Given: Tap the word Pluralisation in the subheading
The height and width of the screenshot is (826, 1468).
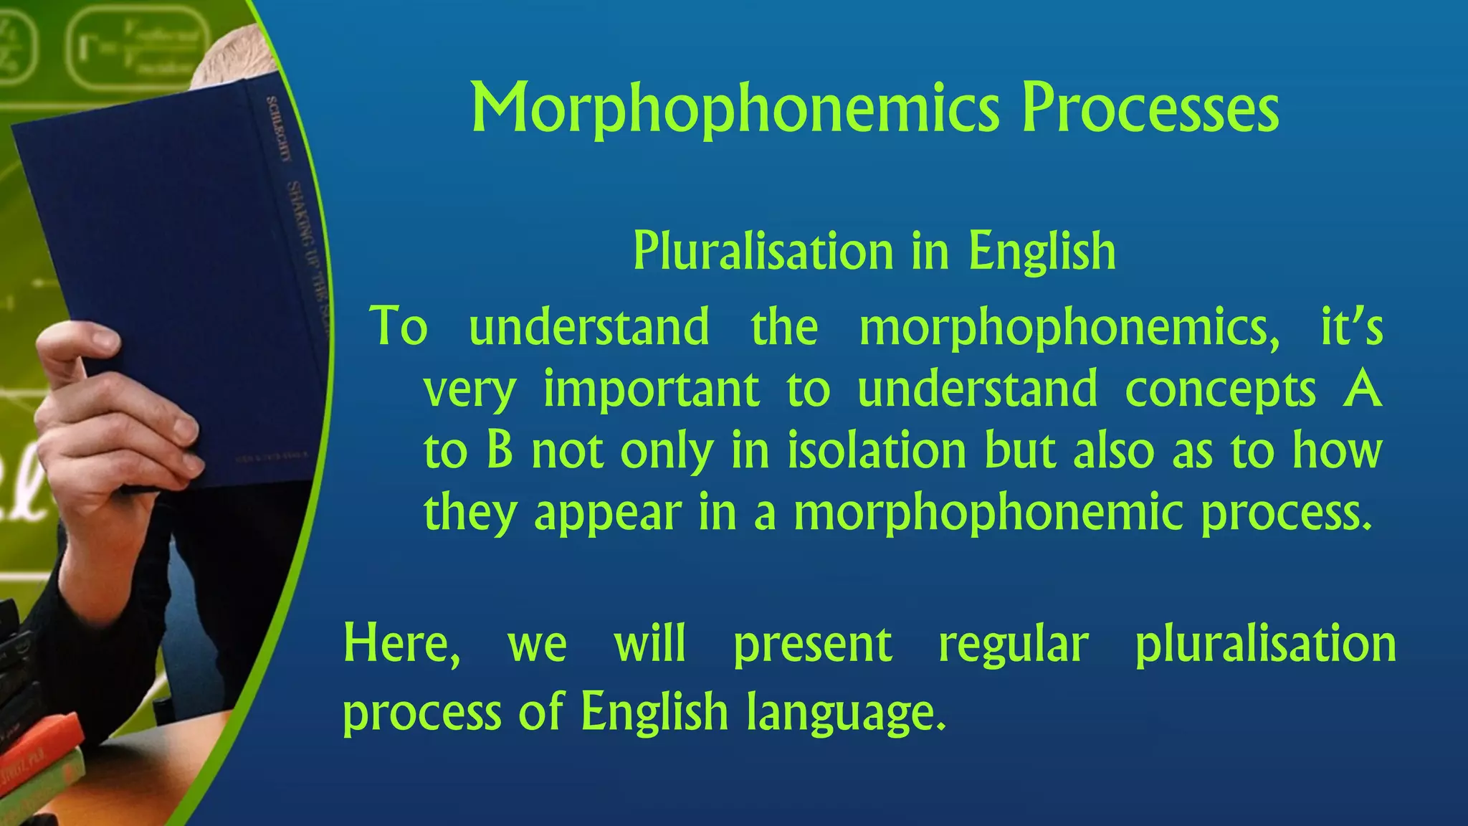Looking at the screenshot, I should pyautogui.click(x=763, y=252).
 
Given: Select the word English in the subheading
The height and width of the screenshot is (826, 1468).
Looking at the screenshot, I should pyautogui.click(x=1042, y=252).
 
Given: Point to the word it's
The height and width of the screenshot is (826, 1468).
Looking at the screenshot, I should pyautogui.click(x=1351, y=327).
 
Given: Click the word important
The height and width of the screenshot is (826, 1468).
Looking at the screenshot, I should pyautogui.click(x=651, y=389).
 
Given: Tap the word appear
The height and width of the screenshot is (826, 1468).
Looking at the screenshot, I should pyautogui.click(x=608, y=514).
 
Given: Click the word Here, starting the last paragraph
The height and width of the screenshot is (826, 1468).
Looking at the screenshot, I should pyautogui.click(x=401, y=645).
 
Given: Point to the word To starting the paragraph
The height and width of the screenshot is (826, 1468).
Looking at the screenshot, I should pyautogui.click(x=399, y=327).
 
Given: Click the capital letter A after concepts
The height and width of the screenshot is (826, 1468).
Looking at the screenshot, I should pyautogui.click(x=1362, y=389).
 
